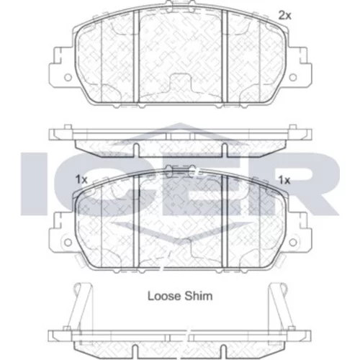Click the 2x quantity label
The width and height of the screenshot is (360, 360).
point(284,16)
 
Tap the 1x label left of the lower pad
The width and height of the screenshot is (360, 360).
point(81,179)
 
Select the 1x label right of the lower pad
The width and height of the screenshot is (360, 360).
point(284,180)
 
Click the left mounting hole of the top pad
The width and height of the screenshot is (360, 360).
point(68,77)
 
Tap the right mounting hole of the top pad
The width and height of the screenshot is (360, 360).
point(293,77)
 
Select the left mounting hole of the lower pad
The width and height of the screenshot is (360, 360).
point(68,243)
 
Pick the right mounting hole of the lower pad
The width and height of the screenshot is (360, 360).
point(293,243)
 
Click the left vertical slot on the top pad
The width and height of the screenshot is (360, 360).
point(136,56)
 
